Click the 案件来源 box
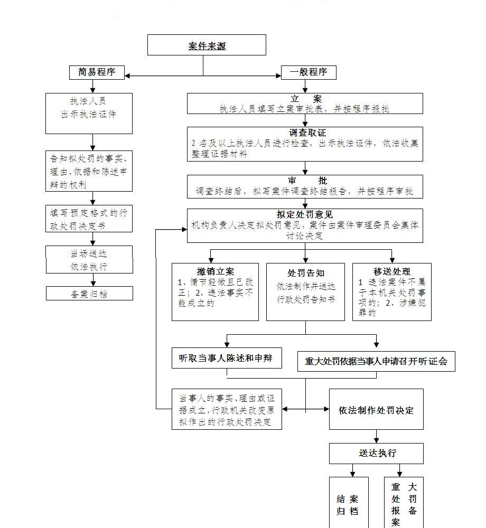click(x=207, y=45)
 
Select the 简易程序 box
click(x=97, y=72)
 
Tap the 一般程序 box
click(x=309, y=72)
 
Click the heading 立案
click(x=305, y=99)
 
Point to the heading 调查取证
click(x=305, y=133)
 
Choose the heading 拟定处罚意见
click(x=305, y=214)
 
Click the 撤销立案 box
click(x=215, y=291)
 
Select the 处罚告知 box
click(x=305, y=291)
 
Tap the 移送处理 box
click(x=391, y=291)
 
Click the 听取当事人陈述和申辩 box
click(x=226, y=358)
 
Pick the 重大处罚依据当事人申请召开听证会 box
click(x=376, y=362)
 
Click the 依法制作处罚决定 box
click(x=376, y=410)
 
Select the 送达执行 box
click(x=376, y=453)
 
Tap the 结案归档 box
click(x=348, y=504)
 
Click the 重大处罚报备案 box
click(x=404, y=504)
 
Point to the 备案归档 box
click(x=89, y=294)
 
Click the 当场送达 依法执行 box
click(x=89, y=260)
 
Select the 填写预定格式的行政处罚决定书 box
click(x=89, y=219)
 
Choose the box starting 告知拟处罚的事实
click(x=89, y=171)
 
